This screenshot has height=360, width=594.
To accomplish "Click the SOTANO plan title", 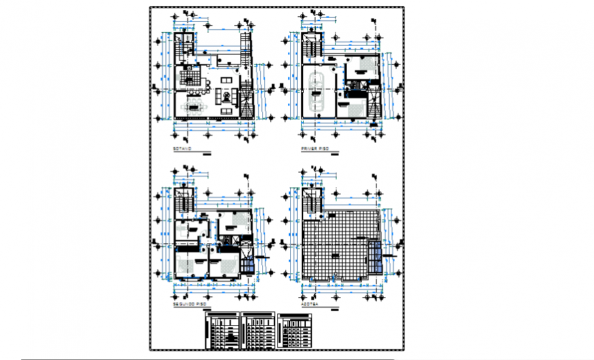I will tap(182, 148).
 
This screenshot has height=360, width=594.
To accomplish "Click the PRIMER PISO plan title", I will tap(315, 148).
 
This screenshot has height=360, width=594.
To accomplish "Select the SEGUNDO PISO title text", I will tap(188, 303).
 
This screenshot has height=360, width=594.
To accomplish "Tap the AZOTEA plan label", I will tap(311, 303).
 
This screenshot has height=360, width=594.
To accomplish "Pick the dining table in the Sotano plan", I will tap(197, 105).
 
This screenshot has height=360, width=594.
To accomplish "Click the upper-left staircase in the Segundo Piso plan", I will tap(182, 203).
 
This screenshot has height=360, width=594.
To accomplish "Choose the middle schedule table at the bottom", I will tap(259, 331).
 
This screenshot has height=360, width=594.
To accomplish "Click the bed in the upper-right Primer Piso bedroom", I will tap(360, 66).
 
